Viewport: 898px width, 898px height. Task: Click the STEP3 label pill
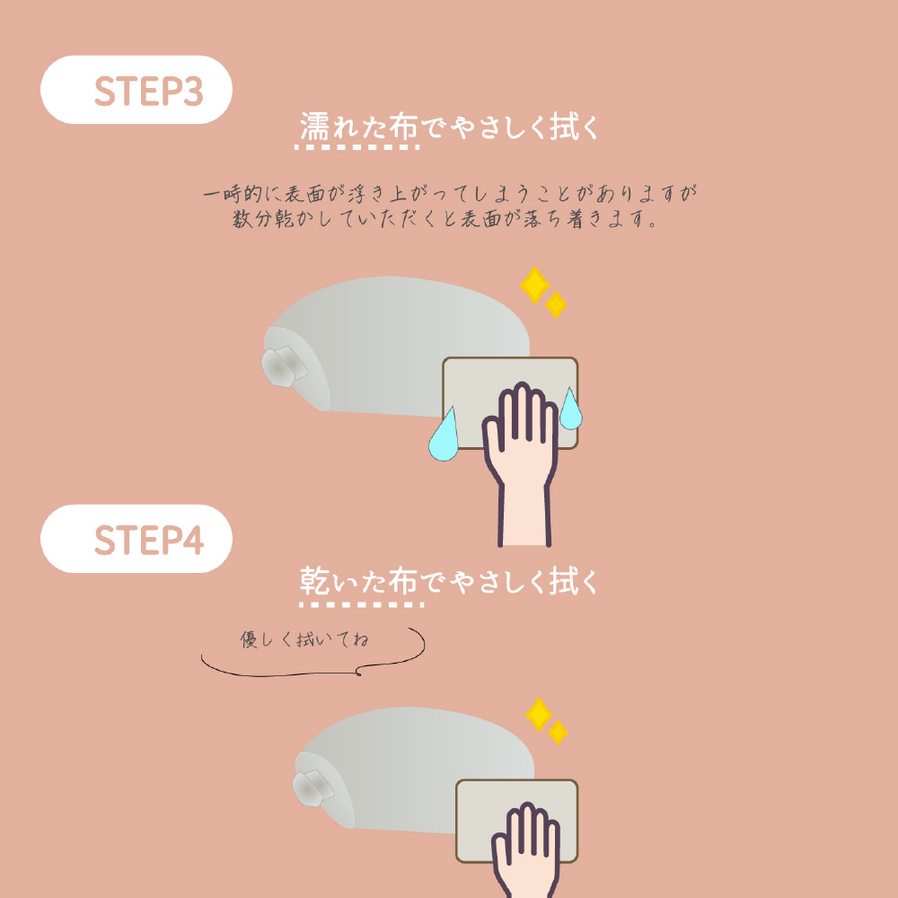pos(136,90)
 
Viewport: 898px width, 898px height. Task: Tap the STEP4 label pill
pos(136,539)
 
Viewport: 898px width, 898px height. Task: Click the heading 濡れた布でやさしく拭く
pos(448,127)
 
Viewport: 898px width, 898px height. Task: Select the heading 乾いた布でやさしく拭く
pos(448,582)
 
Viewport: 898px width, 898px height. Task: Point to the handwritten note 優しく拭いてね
pos(304,639)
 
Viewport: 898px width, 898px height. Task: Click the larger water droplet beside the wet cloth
pos(444,436)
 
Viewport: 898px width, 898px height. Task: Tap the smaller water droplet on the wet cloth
pos(570,409)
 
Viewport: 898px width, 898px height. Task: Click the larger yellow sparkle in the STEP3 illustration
pos(535,285)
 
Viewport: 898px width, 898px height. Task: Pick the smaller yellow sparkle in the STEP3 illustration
pos(556,304)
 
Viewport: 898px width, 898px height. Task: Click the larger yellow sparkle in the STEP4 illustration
pos(539,715)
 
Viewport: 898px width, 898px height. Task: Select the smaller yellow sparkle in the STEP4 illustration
pos(558,733)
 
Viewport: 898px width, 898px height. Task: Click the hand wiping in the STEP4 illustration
pos(525,850)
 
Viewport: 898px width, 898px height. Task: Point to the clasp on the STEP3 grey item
pos(284,366)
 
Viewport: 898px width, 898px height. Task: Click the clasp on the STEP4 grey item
pos(313,788)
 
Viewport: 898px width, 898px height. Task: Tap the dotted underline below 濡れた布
pos(357,147)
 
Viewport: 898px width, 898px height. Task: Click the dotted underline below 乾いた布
pos(361,604)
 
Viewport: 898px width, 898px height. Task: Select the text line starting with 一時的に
pos(450,194)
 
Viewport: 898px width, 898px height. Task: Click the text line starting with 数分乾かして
pos(445,219)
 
